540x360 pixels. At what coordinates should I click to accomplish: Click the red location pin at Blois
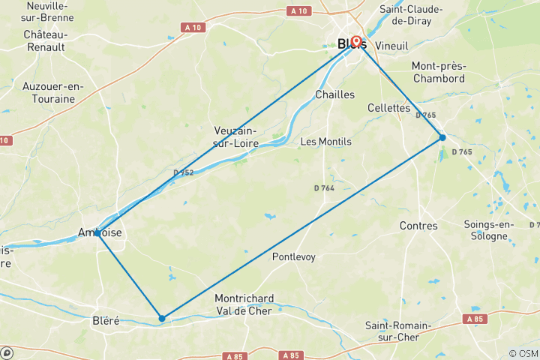[x=356, y=42]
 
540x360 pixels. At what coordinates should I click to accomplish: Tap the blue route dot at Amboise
[x=97, y=233]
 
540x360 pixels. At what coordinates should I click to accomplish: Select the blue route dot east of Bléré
[x=162, y=319]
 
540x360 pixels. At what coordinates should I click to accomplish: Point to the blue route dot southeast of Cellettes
[x=442, y=137]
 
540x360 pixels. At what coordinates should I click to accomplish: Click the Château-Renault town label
[x=46, y=40]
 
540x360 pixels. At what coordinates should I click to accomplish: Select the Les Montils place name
[x=325, y=142]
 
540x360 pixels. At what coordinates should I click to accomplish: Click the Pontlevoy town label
[x=294, y=257]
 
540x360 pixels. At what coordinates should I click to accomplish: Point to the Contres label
[x=418, y=226]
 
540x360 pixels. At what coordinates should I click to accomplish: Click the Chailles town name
[x=334, y=94]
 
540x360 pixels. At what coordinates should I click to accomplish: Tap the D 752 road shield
[x=183, y=172]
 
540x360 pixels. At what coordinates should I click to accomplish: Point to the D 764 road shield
[x=324, y=188]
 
